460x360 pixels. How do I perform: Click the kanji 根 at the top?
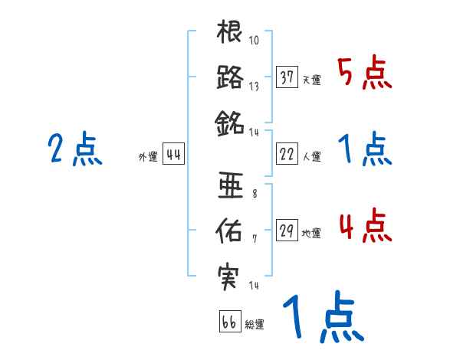[x=230, y=35]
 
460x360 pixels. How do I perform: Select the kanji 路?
[x=230, y=77]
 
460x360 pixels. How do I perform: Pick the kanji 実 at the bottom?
[x=230, y=273]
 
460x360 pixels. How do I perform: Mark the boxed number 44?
[x=173, y=154]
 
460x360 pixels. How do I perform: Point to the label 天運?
[x=311, y=80]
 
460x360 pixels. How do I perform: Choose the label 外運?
[x=148, y=157]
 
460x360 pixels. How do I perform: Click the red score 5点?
[x=364, y=74]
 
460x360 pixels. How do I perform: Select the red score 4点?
[x=364, y=227]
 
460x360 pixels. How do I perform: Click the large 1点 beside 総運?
[x=322, y=318]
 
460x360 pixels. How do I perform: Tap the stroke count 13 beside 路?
[x=254, y=86]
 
